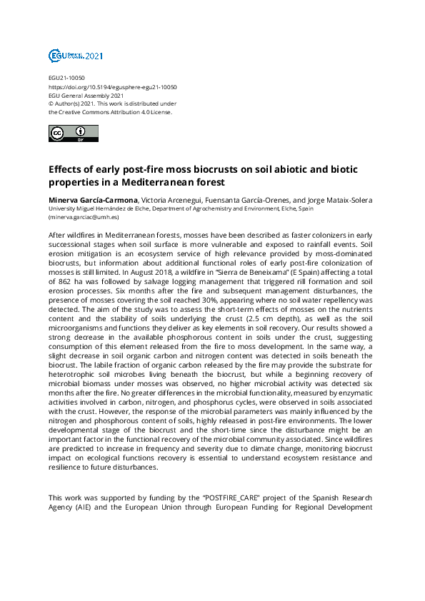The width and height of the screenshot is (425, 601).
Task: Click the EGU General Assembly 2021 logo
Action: [x=75, y=55]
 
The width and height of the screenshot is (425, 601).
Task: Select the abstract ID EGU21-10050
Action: [x=66, y=78]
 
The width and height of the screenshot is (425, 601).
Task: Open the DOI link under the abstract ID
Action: [x=112, y=86]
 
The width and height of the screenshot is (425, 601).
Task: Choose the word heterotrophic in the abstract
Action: [x=74, y=374]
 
